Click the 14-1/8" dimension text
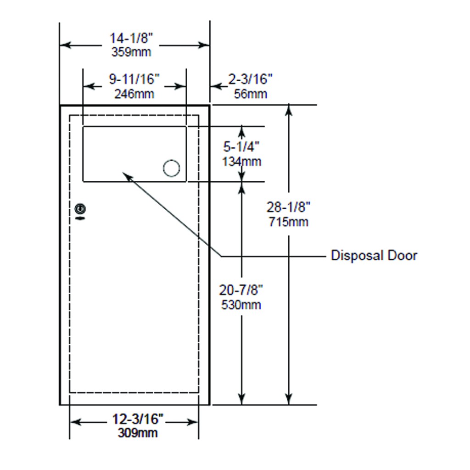131,38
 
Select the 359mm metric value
131,52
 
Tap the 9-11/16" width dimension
134,79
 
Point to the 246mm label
134,94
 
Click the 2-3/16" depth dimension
251,79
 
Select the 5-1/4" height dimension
241,147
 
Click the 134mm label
241,162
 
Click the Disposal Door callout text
374,256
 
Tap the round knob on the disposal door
171,168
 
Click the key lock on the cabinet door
80,210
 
